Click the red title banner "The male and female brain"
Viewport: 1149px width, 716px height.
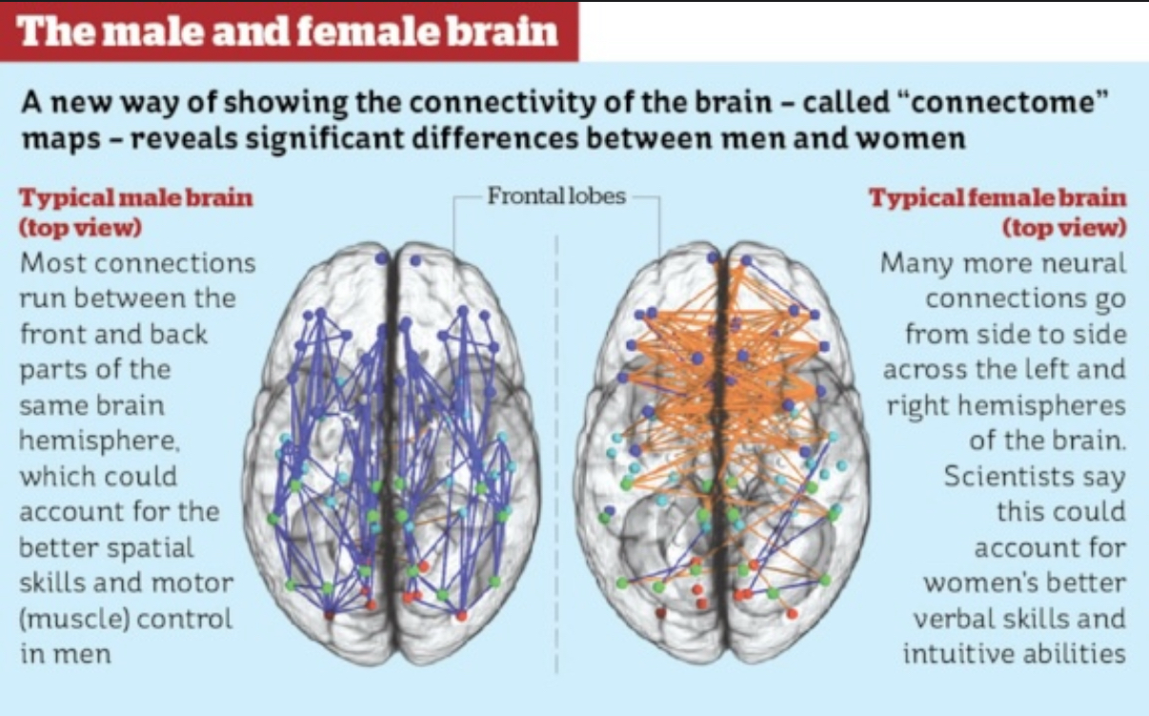(289, 31)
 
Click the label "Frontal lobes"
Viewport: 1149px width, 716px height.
(556, 196)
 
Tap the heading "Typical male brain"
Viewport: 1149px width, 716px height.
(136, 198)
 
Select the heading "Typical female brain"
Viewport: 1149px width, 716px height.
(998, 198)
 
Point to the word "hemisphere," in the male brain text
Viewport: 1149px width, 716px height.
(99, 440)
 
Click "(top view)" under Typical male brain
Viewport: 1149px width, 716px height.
(80, 228)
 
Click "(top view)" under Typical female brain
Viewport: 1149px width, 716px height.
(1065, 228)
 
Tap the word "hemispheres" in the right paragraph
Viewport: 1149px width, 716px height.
(1041, 406)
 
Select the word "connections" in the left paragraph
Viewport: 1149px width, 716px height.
(175, 263)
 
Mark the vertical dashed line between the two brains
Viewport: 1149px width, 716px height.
(557, 454)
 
